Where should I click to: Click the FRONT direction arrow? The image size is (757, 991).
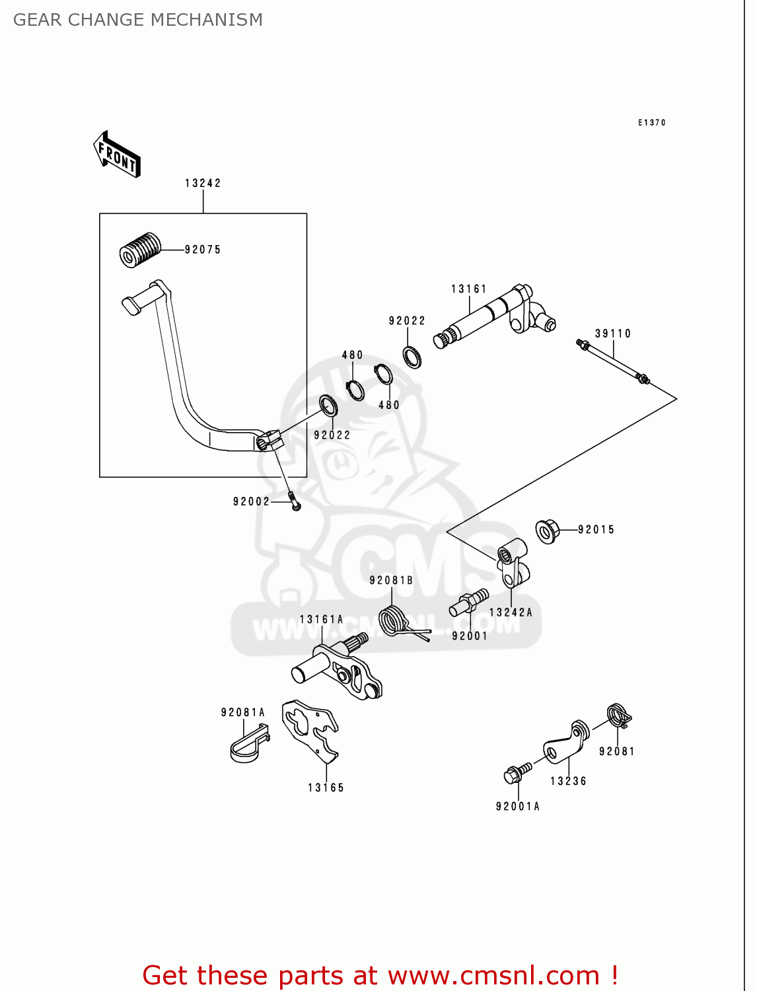click(x=118, y=155)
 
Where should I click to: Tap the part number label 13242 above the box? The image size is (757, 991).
click(x=203, y=183)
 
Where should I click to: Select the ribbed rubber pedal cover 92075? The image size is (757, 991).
click(x=140, y=249)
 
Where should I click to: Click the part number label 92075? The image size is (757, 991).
click(x=203, y=250)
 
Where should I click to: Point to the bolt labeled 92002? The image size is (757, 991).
click(x=294, y=501)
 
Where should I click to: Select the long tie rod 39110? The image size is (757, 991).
click(x=613, y=361)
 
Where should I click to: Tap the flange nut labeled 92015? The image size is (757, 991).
click(x=547, y=531)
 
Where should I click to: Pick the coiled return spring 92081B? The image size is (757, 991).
click(x=395, y=622)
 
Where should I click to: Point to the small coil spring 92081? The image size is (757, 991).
click(x=618, y=715)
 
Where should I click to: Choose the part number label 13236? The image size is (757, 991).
click(x=568, y=781)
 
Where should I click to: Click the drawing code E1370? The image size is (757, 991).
click(x=652, y=122)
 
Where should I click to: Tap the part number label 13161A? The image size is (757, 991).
click(x=322, y=619)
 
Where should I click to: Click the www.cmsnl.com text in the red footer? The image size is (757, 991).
click(x=493, y=975)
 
